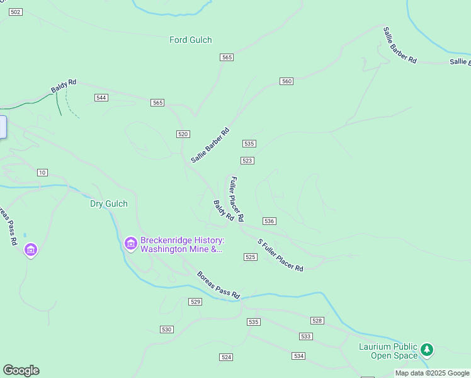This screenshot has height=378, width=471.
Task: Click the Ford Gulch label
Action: click(191, 40)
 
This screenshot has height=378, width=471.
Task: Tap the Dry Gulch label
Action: click(108, 203)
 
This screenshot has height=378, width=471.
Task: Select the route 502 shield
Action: click(16, 13)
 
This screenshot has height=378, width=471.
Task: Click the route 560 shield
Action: click(287, 81)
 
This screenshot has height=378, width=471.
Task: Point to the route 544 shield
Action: click(101, 98)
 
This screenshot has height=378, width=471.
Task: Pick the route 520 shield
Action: click(183, 134)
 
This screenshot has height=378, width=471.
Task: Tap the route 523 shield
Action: click(247, 161)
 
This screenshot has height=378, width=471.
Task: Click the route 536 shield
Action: click(269, 221)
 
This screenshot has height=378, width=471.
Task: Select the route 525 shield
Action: click(251, 257)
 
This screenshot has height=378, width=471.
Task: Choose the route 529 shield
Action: click(195, 302)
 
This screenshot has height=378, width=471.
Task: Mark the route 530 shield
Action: click(166, 329)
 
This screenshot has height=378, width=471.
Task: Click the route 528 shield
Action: click(317, 321)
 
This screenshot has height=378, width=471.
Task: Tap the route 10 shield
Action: click(42, 173)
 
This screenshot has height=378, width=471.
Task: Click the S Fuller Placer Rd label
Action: click(281, 255)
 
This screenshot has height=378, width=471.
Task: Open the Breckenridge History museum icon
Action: click(131, 243)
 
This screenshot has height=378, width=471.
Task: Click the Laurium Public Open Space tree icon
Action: click(427, 349)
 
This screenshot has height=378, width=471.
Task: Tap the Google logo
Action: click(21, 370)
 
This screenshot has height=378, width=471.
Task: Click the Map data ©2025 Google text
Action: click(433, 373)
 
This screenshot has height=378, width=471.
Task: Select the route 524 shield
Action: click(226, 357)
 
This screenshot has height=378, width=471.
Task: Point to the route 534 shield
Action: click(298, 357)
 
